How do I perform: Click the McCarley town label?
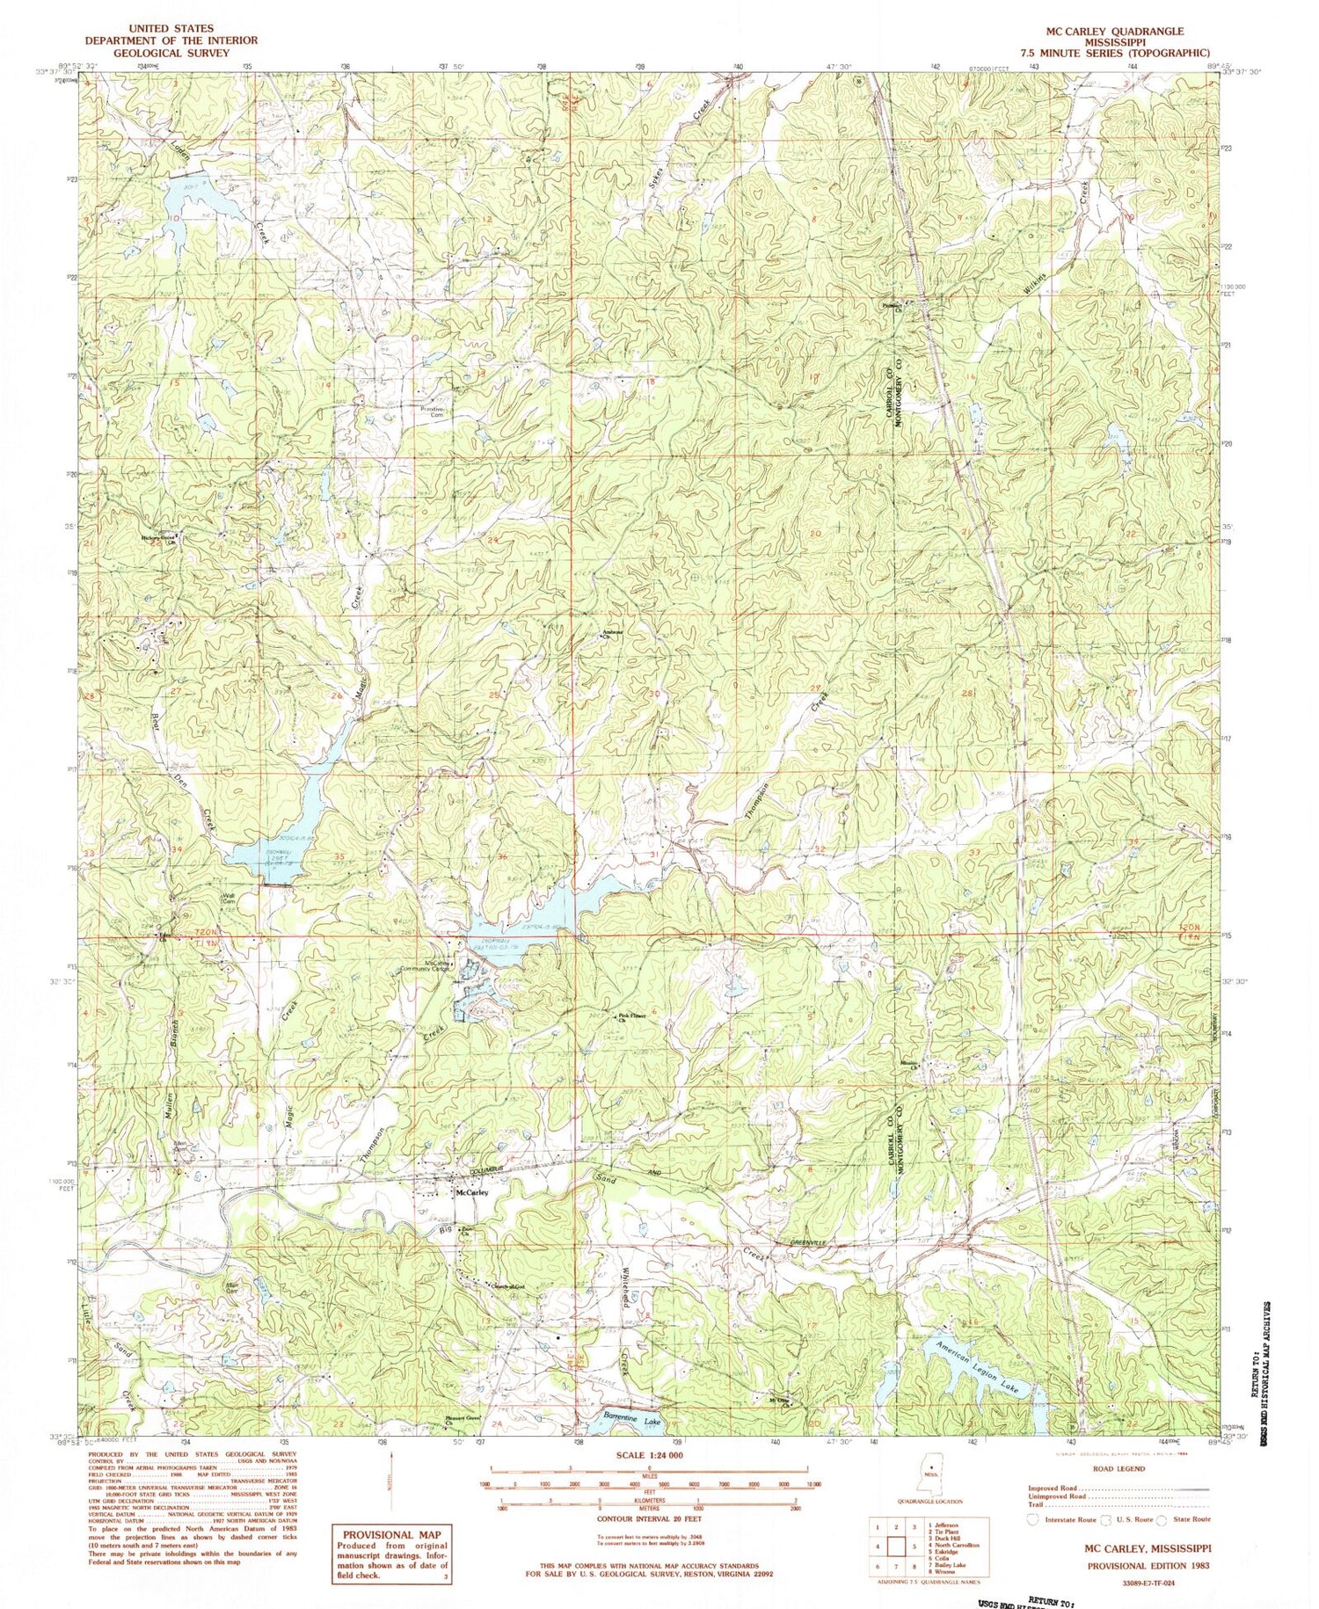coord(470,1193)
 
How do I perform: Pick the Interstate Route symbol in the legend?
coord(1032,1518)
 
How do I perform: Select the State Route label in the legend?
coord(1190,1518)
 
